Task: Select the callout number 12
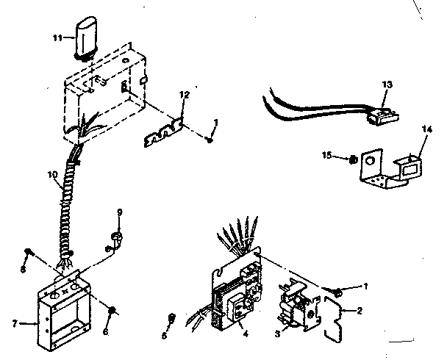pos(185,95)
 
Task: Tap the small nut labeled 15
pos(353,157)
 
